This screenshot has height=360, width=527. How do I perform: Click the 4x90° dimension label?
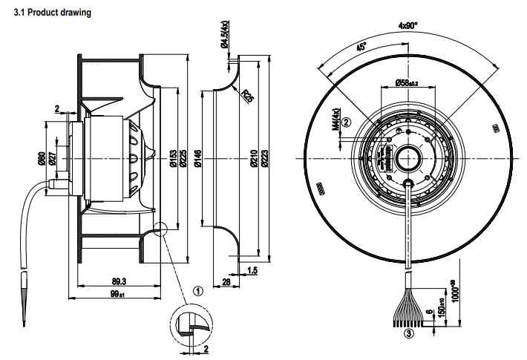[x=409, y=24]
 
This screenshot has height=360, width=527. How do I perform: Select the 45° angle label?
[x=362, y=48]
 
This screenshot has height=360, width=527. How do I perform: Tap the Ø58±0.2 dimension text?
[x=409, y=82]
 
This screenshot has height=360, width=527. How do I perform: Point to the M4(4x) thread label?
[x=335, y=119]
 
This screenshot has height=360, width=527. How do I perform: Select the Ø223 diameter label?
[x=265, y=157]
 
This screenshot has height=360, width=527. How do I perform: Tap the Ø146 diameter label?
[x=198, y=158]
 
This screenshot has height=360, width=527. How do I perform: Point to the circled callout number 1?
[x=197, y=291]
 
